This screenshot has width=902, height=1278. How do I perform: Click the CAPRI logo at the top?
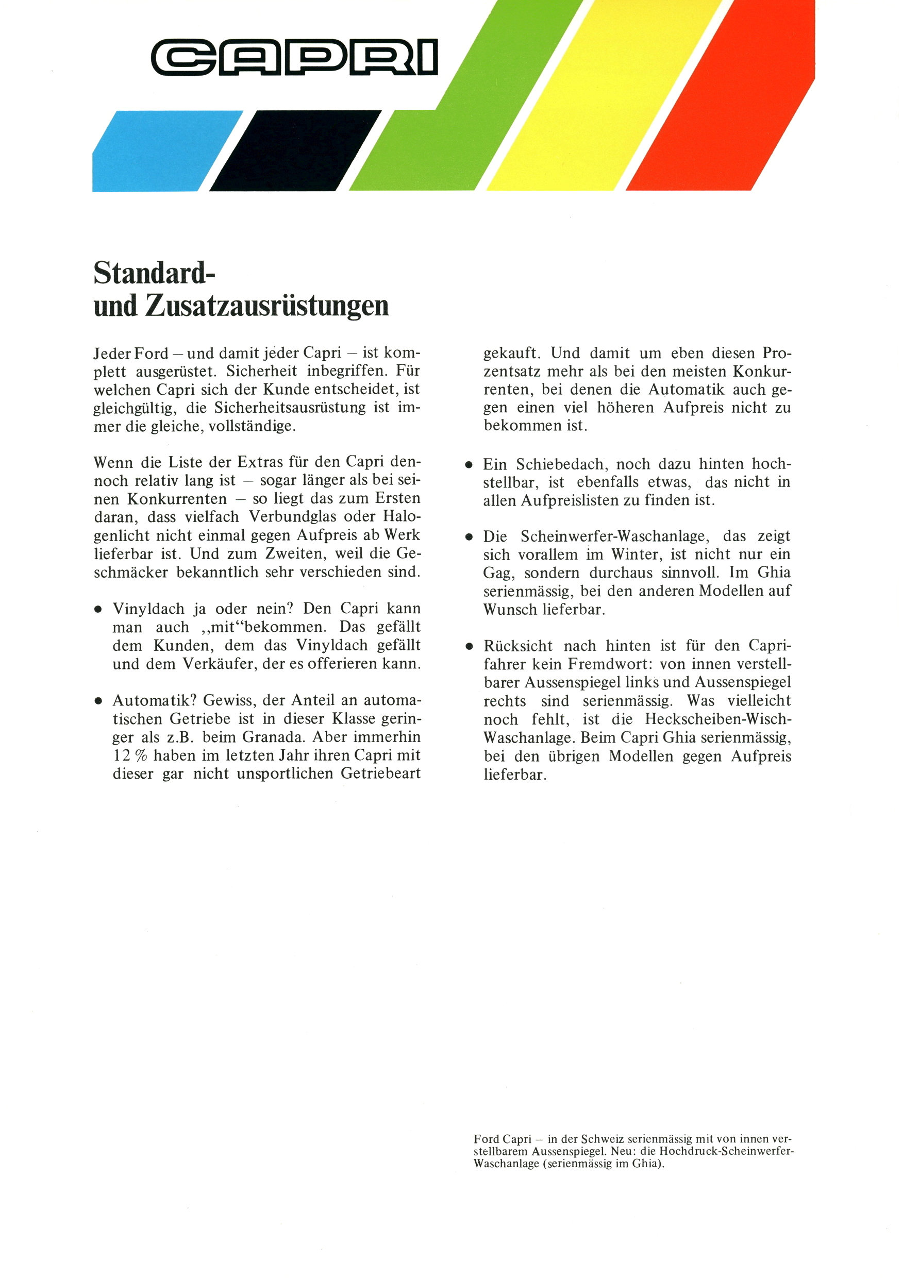(294, 57)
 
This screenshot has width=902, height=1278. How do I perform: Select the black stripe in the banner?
(295, 152)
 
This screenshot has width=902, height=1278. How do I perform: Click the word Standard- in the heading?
(154, 273)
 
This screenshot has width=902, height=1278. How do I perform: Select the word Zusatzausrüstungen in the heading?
(268, 306)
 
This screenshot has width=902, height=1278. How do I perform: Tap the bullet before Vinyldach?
(98, 610)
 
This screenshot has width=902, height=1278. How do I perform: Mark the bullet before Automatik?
(98, 701)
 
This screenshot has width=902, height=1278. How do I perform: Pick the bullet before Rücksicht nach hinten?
(470, 647)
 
